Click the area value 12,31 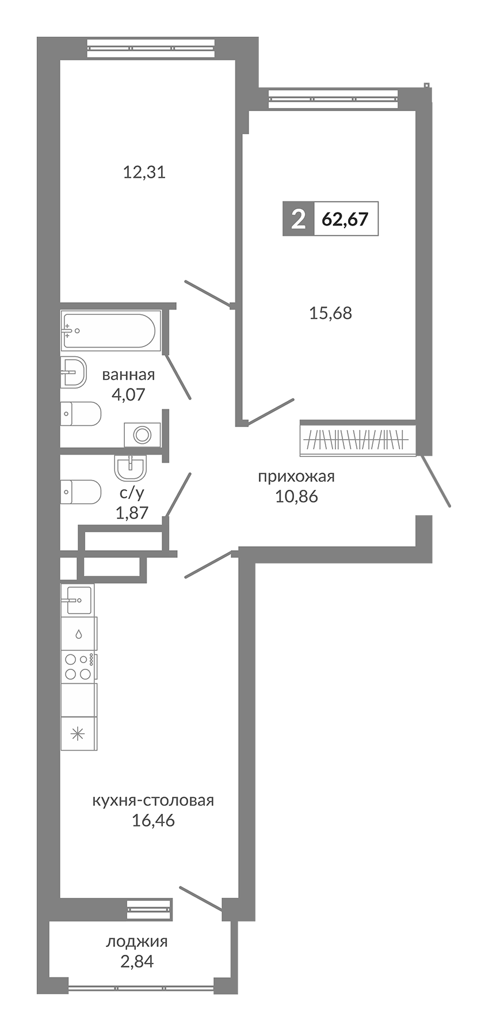144,172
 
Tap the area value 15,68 330,313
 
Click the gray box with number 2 298,219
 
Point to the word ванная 128,375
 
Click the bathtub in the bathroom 108,331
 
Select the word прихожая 296,477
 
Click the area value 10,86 296,496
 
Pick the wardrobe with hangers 357,440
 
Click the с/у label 132,493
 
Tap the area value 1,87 132,512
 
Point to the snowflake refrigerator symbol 78,734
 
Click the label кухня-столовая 153,801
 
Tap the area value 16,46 153,820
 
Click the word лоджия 137,942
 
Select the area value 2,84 137,961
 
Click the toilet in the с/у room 81,492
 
